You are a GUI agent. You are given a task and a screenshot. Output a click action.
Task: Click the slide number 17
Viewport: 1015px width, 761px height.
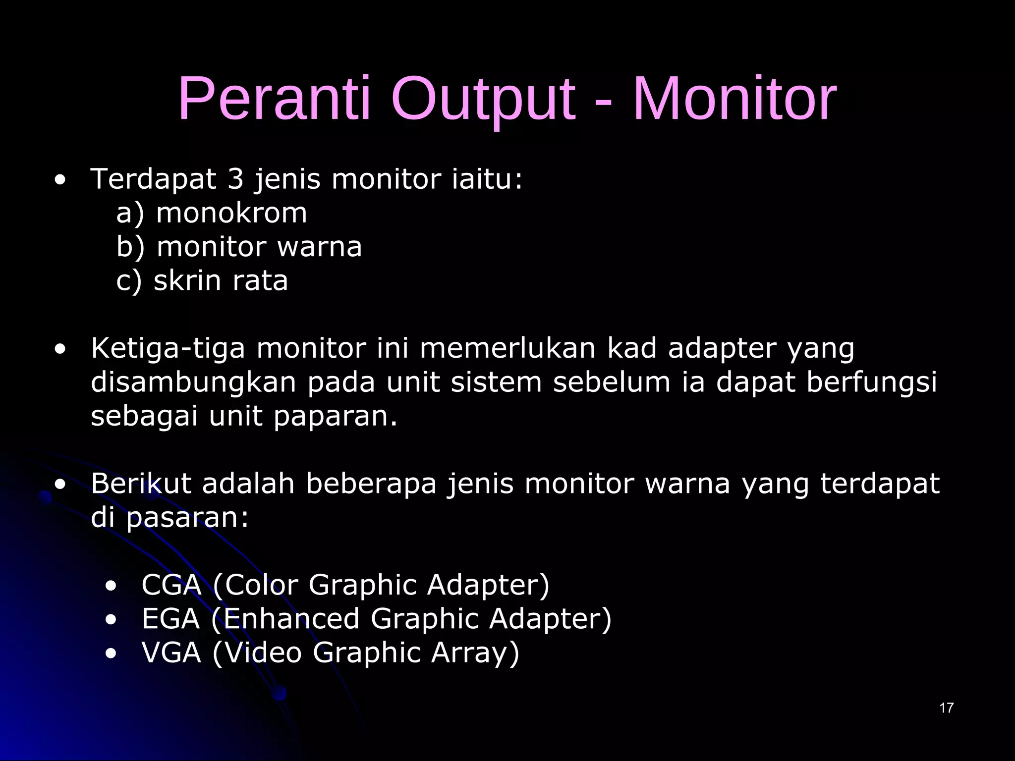tap(946, 708)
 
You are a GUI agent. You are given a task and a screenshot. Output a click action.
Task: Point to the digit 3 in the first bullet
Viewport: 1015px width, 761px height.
tap(235, 179)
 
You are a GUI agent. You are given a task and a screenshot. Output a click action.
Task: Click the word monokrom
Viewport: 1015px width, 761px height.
tap(231, 214)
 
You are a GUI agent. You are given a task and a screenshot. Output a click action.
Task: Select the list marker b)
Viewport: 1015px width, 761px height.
tap(130, 247)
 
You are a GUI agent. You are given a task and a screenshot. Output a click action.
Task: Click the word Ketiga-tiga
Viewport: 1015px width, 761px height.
tap(168, 349)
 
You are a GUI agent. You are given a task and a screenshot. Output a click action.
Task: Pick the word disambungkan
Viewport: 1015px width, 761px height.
tap(193, 382)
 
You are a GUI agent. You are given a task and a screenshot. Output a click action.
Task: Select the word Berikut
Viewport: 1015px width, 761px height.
tap(141, 484)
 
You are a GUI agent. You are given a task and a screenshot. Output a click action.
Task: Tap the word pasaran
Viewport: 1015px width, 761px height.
tap(187, 518)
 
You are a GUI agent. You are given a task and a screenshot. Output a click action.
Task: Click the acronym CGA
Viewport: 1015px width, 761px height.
tap(171, 585)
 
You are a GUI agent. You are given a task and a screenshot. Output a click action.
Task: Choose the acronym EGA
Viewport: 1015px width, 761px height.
tap(170, 619)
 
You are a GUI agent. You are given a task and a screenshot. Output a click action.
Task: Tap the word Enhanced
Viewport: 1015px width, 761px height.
tap(291, 619)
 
